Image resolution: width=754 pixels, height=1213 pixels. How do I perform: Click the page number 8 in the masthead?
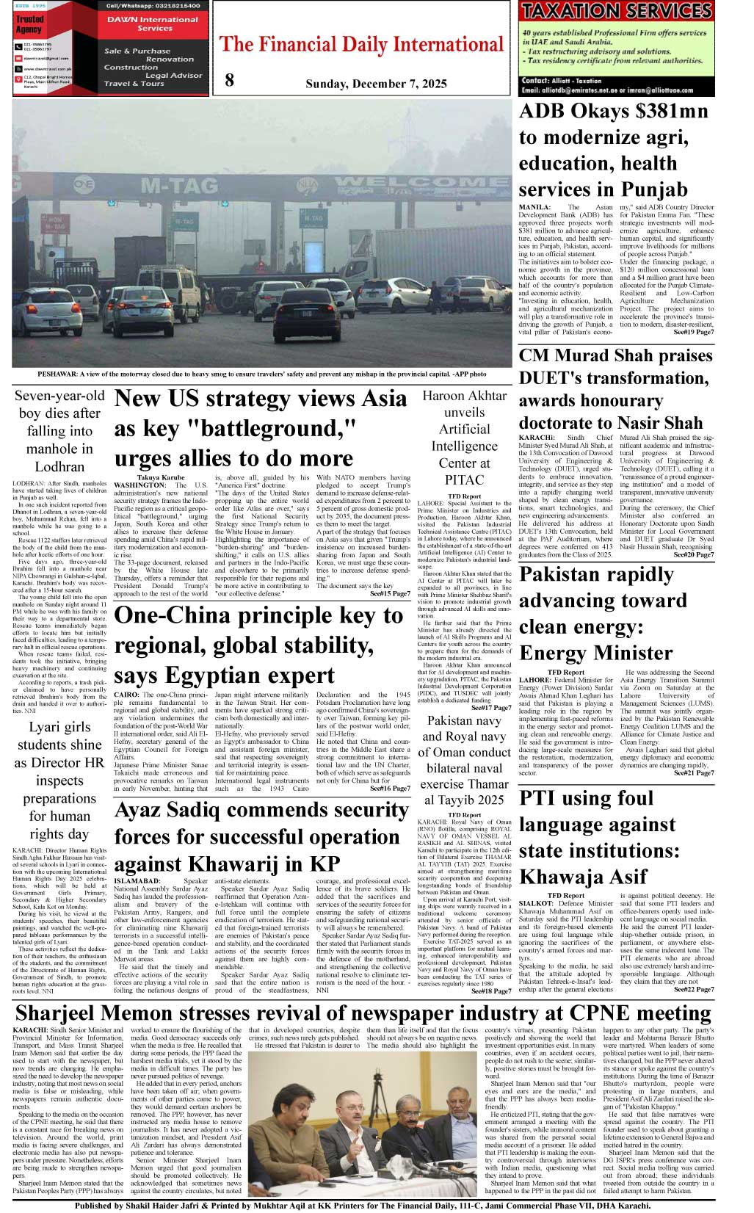point(230,81)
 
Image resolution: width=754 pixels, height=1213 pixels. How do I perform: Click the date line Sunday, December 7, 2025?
point(376,84)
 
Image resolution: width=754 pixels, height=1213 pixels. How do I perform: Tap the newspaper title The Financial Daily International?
point(362,45)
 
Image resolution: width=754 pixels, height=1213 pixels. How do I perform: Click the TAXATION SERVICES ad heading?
point(617,11)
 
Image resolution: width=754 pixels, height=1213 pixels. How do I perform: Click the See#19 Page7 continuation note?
point(693,332)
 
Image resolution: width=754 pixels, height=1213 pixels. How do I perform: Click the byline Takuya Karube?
point(161,478)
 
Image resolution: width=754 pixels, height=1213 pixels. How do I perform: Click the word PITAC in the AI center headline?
point(464,480)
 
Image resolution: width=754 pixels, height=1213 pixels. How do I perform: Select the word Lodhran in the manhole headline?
point(59,466)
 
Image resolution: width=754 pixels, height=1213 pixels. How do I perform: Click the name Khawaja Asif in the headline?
point(583,877)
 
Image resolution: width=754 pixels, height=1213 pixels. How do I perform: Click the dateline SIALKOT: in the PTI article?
point(536,904)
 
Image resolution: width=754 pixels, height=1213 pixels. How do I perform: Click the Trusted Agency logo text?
point(29,24)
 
